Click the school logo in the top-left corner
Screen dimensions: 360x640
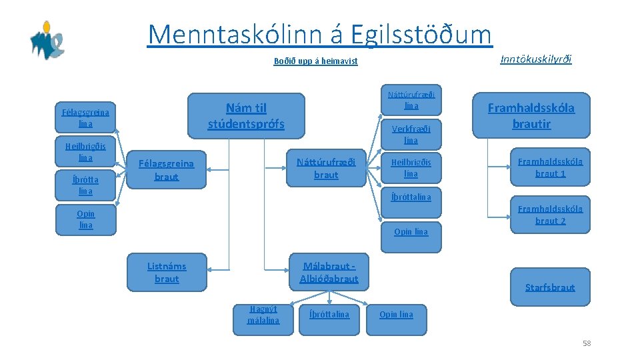click(x=47, y=40)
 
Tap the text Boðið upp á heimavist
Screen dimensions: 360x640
click(x=315, y=61)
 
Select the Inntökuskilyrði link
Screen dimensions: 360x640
click(x=535, y=59)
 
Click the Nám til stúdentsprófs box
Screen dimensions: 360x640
click(x=246, y=115)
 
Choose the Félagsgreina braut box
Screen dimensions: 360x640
click(x=167, y=169)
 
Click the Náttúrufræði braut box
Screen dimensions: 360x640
click(x=326, y=168)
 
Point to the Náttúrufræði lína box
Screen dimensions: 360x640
click(x=411, y=101)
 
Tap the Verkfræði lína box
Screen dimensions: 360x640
click(x=411, y=135)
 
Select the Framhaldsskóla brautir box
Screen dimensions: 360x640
click(x=531, y=115)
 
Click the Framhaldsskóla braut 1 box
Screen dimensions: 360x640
click(x=550, y=167)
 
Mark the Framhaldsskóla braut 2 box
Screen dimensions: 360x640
click(x=550, y=215)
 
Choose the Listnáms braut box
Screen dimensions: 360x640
click(x=167, y=272)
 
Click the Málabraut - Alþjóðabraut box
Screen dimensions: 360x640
click(x=329, y=272)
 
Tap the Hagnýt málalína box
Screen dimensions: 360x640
click(x=263, y=315)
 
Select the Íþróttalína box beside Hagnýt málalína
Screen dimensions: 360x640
click(x=329, y=314)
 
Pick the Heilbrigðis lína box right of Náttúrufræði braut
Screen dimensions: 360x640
click(x=411, y=168)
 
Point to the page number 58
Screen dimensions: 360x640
click(x=587, y=343)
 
